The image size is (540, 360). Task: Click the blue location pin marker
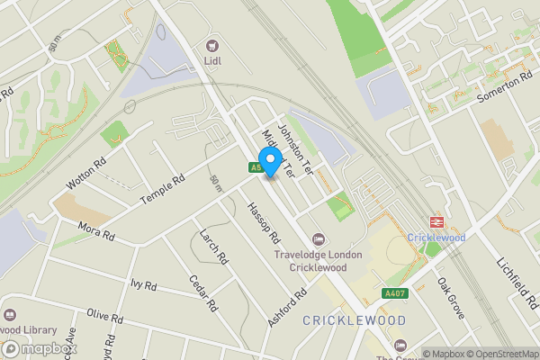[268, 164]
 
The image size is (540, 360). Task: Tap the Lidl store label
[214, 61]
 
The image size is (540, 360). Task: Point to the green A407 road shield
[395, 292]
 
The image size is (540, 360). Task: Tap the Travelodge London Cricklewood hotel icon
[317, 239]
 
